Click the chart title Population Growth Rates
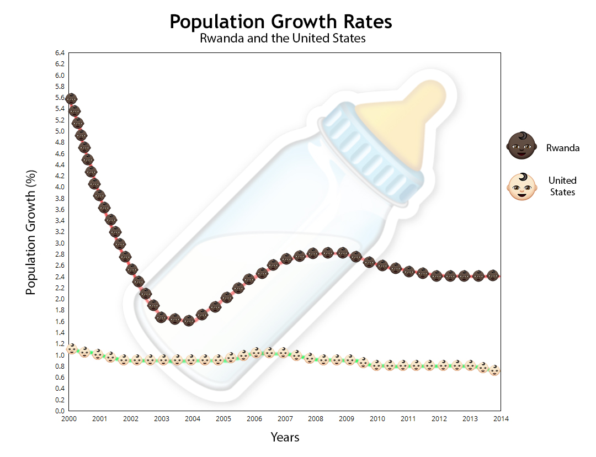[x=280, y=22]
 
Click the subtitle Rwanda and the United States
[x=283, y=39]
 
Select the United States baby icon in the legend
[x=521, y=187]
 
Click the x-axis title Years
[x=285, y=437]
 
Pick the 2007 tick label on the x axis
[x=285, y=419]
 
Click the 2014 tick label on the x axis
[x=501, y=419]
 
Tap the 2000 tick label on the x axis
[x=68, y=419]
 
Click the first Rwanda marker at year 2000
[x=71, y=99]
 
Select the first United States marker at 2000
[x=71, y=348]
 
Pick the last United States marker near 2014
[x=495, y=370]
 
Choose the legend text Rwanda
[x=563, y=148]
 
